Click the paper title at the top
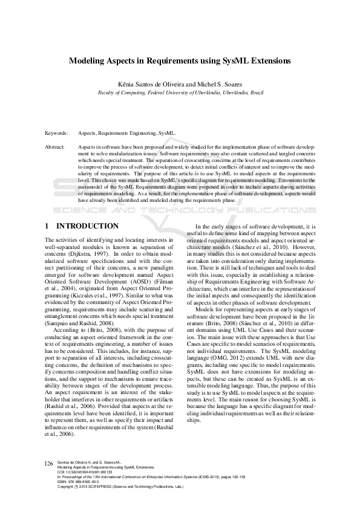(180, 61)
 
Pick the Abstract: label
(56, 147)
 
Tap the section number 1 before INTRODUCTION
(48, 226)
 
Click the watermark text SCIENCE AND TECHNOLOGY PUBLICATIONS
(180, 211)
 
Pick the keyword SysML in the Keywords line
(168, 132)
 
